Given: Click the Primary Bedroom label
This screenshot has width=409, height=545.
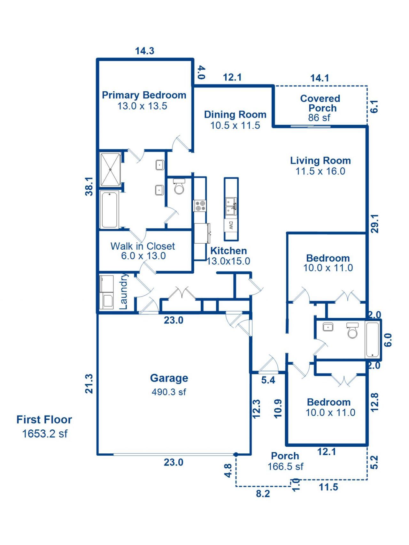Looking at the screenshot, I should (x=144, y=95).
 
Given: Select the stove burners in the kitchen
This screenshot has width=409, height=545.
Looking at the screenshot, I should (x=200, y=205).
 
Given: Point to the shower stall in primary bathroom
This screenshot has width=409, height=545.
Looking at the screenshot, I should (x=111, y=170).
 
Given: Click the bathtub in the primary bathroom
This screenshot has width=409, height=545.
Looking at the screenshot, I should (x=110, y=209).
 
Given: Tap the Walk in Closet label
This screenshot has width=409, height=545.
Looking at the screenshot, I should (x=143, y=246).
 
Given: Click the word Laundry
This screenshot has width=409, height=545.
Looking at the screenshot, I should (x=124, y=291).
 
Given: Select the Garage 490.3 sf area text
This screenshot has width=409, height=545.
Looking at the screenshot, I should (x=169, y=392).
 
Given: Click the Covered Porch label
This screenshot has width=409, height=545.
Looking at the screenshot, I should (x=320, y=103).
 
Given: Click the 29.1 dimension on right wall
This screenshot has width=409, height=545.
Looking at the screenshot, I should (x=374, y=223).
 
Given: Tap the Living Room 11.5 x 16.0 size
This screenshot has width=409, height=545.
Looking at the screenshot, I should (x=320, y=171).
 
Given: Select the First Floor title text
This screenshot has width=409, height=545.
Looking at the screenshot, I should (x=44, y=419).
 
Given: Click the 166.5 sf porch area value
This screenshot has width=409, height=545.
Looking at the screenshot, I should (x=285, y=466).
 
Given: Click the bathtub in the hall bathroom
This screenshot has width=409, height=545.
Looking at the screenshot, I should (x=373, y=339).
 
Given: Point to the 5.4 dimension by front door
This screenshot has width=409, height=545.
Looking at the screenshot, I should (x=268, y=380).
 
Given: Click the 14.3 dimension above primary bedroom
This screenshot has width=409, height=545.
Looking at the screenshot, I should (x=145, y=51).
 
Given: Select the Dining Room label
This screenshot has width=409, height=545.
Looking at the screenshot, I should (x=235, y=114).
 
